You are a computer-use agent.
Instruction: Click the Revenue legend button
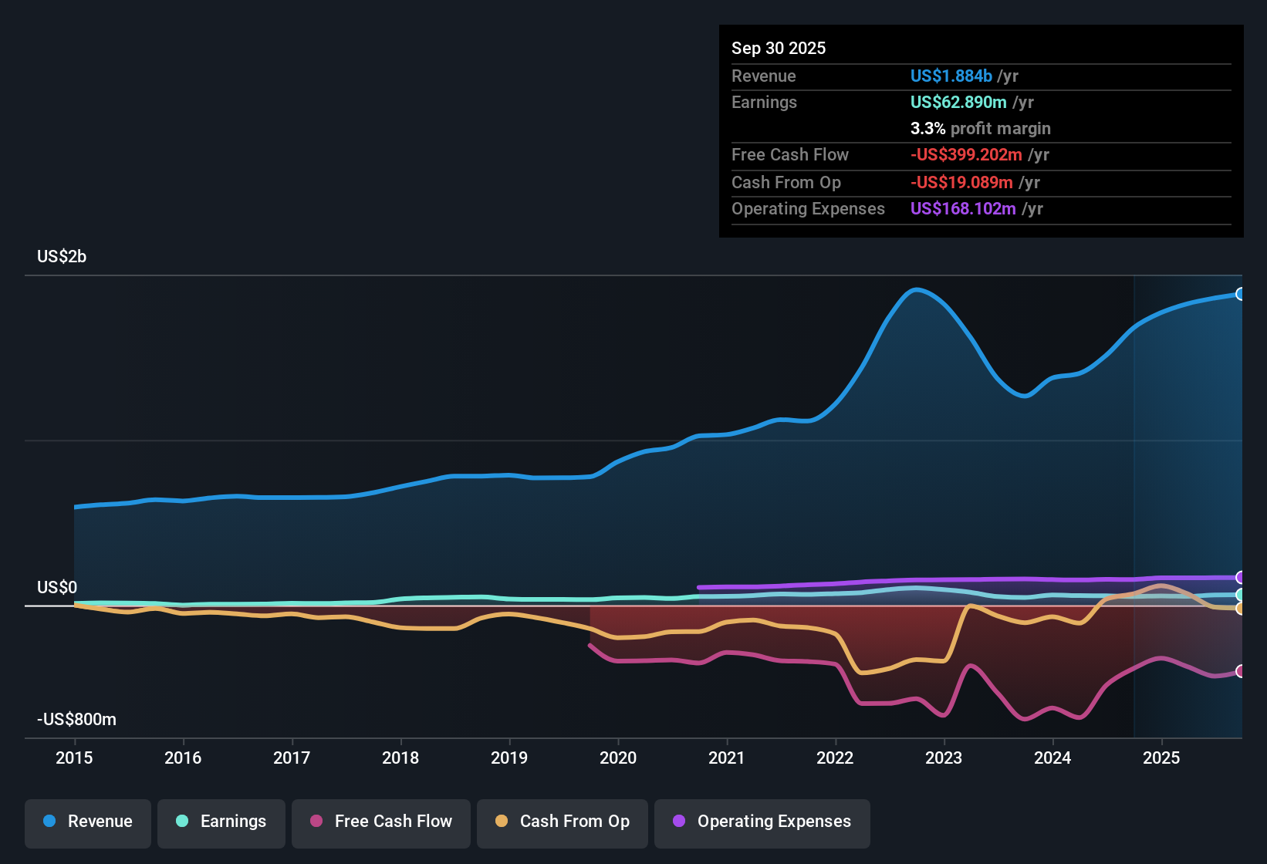pyautogui.click(x=88, y=822)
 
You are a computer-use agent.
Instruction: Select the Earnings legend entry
pyautogui.click(x=221, y=822)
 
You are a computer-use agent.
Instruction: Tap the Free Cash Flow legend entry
pyautogui.click(x=381, y=822)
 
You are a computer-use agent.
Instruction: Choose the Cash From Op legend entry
pyautogui.click(x=563, y=822)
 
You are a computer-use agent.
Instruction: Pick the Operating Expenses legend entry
pyautogui.click(x=762, y=822)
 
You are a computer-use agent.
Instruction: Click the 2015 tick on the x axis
pyautogui.click(x=74, y=758)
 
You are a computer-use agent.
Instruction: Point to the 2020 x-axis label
pyautogui.click(x=618, y=758)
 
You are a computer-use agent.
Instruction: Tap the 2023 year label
pyautogui.click(x=944, y=758)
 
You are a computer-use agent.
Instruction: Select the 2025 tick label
pyautogui.click(x=1161, y=758)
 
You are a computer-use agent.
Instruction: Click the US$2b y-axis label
pyautogui.click(x=62, y=257)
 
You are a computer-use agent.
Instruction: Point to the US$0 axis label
pyautogui.click(x=57, y=588)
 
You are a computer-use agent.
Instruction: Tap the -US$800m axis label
pyautogui.click(x=76, y=720)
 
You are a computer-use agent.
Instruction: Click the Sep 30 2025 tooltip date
pyautogui.click(x=779, y=49)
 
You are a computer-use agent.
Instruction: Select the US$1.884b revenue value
pyautogui.click(x=951, y=76)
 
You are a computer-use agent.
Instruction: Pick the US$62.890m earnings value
pyautogui.click(x=958, y=103)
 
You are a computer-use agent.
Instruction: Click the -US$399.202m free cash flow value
pyautogui.click(x=966, y=155)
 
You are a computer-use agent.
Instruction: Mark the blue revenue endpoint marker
pyautogui.click(x=1240, y=294)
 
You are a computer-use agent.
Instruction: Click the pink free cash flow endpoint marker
pyautogui.click(x=1240, y=671)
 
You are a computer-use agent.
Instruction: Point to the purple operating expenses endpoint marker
pyautogui.click(x=1240, y=577)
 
